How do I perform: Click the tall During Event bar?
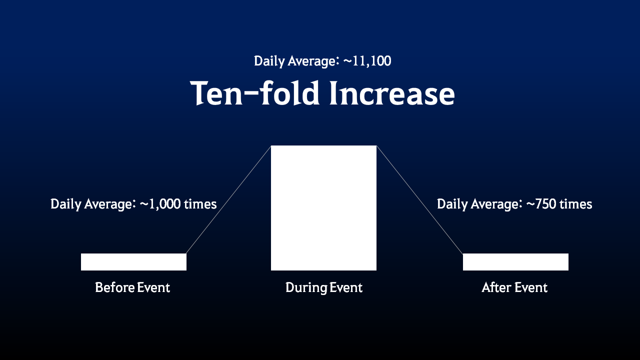[323, 208]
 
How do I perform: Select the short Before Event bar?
[133, 261]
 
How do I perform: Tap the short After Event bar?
[515, 261]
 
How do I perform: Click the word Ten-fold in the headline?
[254, 93]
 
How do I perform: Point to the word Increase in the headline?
[392, 93]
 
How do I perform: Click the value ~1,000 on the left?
[160, 204]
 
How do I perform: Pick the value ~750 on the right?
[541, 204]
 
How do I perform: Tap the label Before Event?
[132, 287]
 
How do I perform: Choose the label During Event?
[324, 287]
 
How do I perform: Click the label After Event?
[514, 287]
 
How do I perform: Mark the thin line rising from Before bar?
[228, 199]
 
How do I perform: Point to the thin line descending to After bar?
[419, 199]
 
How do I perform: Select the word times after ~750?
[575, 204]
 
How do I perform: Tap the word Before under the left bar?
[114, 287]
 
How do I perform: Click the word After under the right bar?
[494, 287]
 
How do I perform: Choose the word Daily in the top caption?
[269, 61]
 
